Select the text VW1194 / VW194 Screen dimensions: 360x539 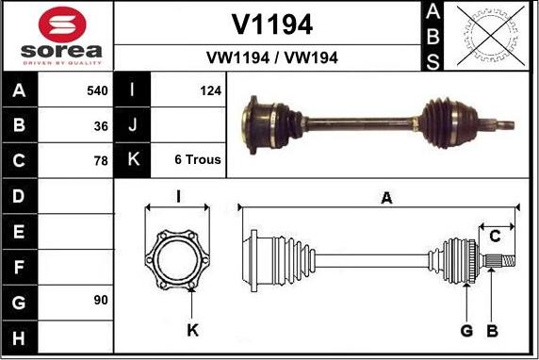(x=271, y=57)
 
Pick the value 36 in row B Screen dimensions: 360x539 (x=101, y=125)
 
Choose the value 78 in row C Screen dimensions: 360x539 (x=101, y=159)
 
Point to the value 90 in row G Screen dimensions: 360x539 (x=101, y=301)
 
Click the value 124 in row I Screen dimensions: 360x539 (x=209, y=91)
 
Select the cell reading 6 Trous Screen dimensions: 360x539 (x=198, y=159)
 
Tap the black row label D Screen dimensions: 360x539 (x=20, y=196)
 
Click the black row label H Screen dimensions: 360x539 (x=20, y=336)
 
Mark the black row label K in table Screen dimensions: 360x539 (x=133, y=159)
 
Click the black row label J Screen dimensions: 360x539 (x=133, y=125)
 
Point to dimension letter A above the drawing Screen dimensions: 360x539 (x=385, y=197)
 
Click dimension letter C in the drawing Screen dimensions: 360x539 (x=495, y=236)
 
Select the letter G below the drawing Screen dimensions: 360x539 (x=466, y=330)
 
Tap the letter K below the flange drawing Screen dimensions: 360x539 (x=192, y=330)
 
